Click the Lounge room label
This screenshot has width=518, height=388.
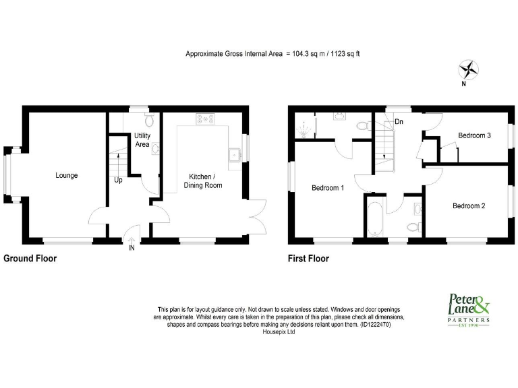coord(67,176)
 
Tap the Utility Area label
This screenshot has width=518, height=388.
coord(142,140)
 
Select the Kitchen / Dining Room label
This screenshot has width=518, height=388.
coord(203,181)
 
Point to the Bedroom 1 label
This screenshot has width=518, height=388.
coord(328,189)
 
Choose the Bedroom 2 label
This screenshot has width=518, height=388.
coord(469,205)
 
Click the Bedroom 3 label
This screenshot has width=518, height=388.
coord(474,135)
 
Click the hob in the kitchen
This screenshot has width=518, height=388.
coord(206,119)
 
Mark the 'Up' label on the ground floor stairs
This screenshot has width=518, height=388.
coord(118,181)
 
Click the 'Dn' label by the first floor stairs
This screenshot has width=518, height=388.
coord(399,122)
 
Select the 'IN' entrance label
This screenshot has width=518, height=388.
coord(131,249)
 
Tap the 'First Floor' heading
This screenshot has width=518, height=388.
coord(308,258)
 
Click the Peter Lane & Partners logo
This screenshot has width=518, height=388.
coord(468,311)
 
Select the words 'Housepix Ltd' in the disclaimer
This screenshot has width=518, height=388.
coord(279,332)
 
